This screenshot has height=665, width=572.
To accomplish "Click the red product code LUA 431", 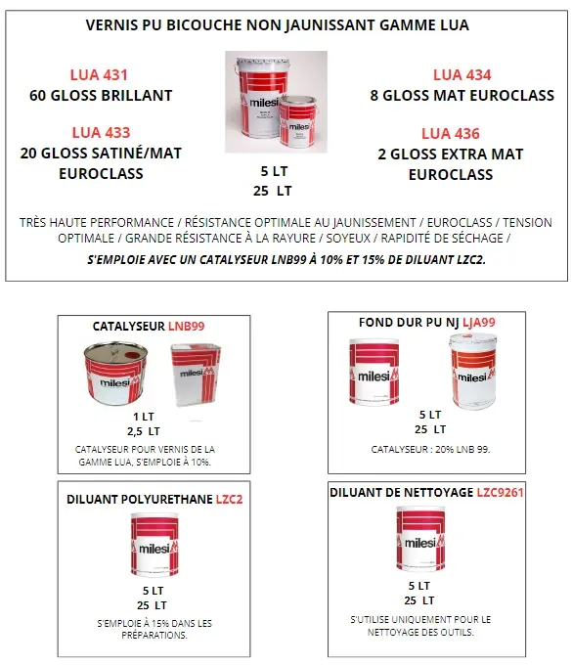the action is [x=99, y=75].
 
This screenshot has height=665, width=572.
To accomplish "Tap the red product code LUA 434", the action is [x=462, y=75].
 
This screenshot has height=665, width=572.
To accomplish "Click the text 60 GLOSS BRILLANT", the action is [x=102, y=96].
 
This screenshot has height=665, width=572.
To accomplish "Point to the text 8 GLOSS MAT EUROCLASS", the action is [x=462, y=96].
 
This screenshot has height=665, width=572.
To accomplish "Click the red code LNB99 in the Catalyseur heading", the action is [x=186, y=326].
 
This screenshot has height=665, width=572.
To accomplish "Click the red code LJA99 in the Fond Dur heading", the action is [x=478, y=322].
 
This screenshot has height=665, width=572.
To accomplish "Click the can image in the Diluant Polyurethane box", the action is [x=154, y=548].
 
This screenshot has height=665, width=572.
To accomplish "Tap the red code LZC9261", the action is [x=500, y=492].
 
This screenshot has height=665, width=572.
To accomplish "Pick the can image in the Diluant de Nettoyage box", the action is [x=424, y=541].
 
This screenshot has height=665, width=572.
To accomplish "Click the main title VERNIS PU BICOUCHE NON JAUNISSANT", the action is [x=277, y=25].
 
